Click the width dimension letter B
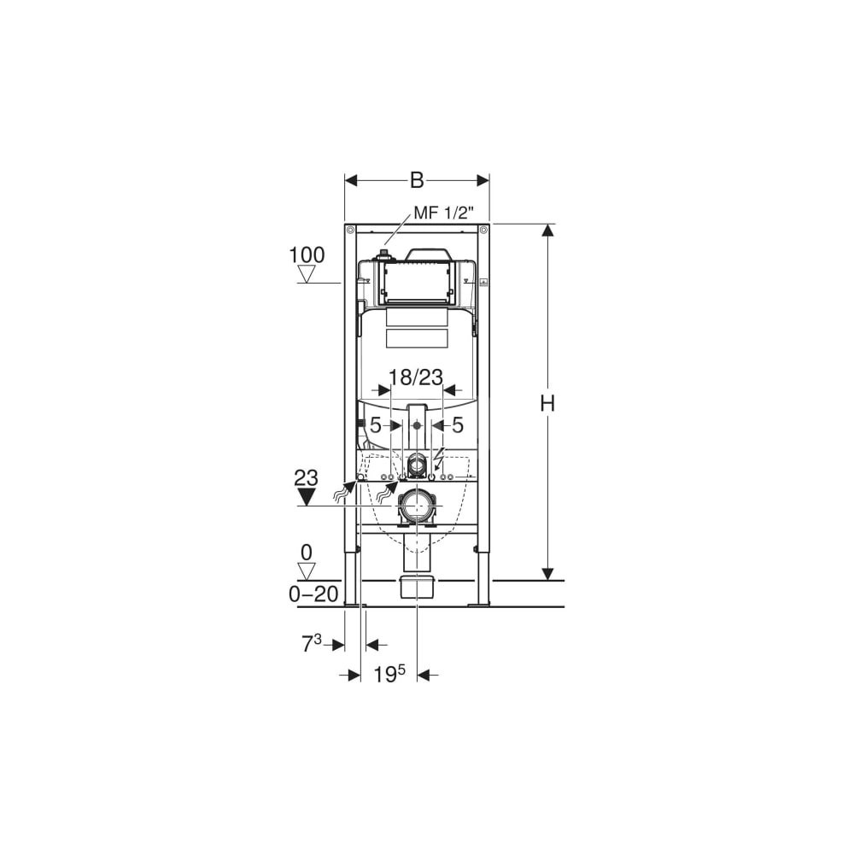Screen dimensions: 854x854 click(417, 180)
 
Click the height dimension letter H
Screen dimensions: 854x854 click(547, 404)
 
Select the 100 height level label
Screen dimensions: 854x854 click(307, 254)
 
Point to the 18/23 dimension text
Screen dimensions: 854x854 click(416, 377)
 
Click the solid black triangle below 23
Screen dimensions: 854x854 click(307, 497)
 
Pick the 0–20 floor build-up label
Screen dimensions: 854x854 click(313, 594)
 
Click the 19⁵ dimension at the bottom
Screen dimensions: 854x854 click(389, 675)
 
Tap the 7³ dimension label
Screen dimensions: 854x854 click(311, 644)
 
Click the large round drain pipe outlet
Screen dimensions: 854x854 click(418, 506)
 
